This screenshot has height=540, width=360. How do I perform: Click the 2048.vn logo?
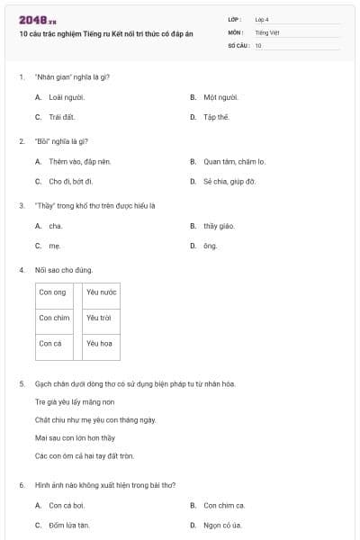pyautogui.click(x=38, y=19)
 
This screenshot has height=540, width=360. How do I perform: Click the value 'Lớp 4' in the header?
pyautogui.click(x=262, y=19)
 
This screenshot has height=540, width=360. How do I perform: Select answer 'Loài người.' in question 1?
pyautogui.click(x=60, y=96)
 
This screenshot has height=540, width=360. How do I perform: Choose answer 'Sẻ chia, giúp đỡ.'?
pyautogui.click(x=229, y=182)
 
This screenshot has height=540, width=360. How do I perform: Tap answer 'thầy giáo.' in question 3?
pyautogui.click(x=219, y=226)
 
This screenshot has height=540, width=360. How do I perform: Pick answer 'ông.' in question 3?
pyautogui.click(x=210, y=246)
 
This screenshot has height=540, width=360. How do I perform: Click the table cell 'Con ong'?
pyautogui.click(x=53, y=292)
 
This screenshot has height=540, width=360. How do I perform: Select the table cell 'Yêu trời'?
pyautogui.click(x=99, y=318)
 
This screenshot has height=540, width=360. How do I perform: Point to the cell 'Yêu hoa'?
pyautogui.click(x=99, y=343)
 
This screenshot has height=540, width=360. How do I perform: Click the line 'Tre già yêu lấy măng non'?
pyautogui.click(x=76, y=401)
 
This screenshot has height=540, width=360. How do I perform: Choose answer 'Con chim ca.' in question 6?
pyautogui.click(x=224, y=505)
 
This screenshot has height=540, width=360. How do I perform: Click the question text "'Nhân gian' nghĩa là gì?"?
pyautogui.click(x=72, y=76)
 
